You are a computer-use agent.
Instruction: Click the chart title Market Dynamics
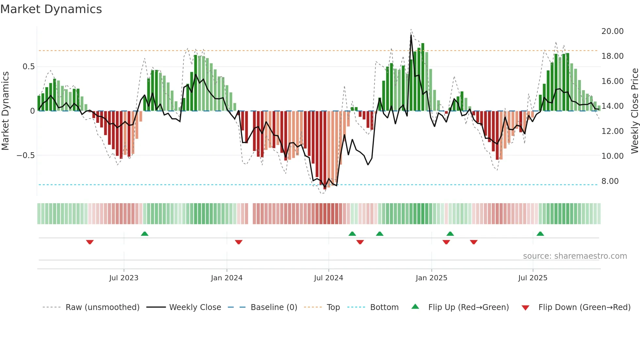(x=51, y=9)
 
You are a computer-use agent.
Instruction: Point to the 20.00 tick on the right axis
(x=612, y=31)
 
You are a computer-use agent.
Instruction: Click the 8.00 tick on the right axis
(x=610, y=181)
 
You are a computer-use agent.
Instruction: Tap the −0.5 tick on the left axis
(x=25, y=155)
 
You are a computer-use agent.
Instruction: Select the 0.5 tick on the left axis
(x=28, y=67)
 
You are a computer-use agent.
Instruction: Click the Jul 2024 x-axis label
(x=328, y=278)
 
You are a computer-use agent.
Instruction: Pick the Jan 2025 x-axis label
(x=431, y=278)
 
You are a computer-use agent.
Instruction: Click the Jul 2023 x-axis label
(x=124, y=278)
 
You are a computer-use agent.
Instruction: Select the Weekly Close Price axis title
(x=634, y=111)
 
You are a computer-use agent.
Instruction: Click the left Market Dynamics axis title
(x=5, y=111)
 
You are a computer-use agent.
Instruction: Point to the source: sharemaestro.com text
(x=575, y=256)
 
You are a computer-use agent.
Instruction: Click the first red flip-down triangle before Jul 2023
(x=90, y=242)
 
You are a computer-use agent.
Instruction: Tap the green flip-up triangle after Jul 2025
(x=540, y=234)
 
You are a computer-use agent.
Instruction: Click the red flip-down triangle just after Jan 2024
(x=239, y=242)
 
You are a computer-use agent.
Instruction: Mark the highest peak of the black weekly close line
(x=411, y=35)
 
